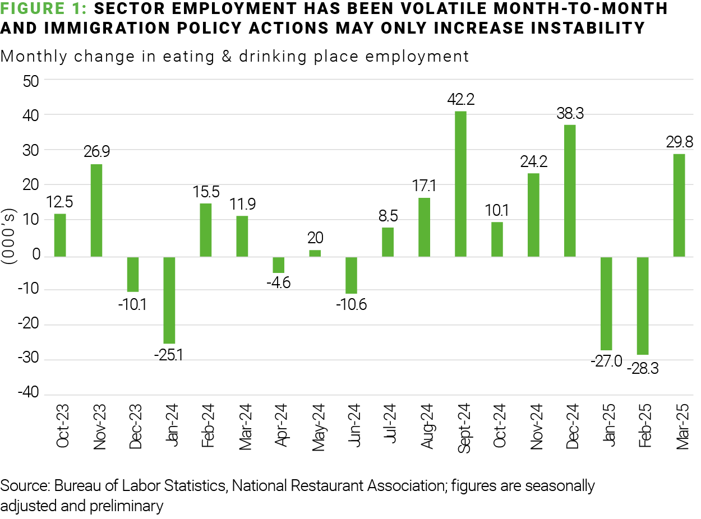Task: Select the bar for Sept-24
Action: (x=461, y=184)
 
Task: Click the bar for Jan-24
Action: (x=169, y=300)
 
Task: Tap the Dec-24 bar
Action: (x=570, y=191)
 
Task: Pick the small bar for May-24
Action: (x=315, y=253)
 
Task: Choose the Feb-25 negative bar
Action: (x=643, y=305)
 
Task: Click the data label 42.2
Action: (x=461, y=100)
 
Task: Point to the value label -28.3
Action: (x=643, y=368)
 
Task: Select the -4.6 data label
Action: (x=279, y=284)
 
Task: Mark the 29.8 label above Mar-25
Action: (x=679, y=142)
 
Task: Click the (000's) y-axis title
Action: (x=11, y=238)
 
